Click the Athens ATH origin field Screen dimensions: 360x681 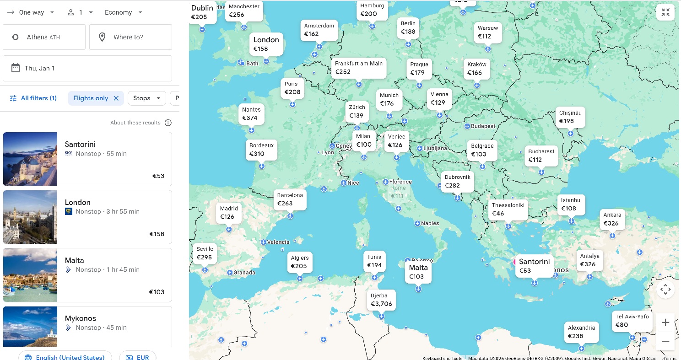click(x=44, y=37)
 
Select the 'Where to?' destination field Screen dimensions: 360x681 click(x=130, y=37)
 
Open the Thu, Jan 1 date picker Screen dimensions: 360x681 click(x=87, y=68)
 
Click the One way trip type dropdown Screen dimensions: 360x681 click(x=31, y=12)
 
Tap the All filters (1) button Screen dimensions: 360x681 click(x=33, y=98)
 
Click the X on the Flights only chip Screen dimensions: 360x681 click(x=116, y=98)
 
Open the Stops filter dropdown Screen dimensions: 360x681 click(x=146, y=98)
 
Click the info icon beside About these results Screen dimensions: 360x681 click(x=168, y=123)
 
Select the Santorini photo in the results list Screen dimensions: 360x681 click(x=30, y=159)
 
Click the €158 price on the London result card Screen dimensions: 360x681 click(x=157, y=234)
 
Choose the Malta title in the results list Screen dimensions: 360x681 click(x=74, y=260)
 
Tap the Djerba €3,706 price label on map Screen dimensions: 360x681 click(x=381, y=300)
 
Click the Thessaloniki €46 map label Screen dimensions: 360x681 click(x=508, y=210)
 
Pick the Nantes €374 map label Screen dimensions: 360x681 click(x=251, y=114)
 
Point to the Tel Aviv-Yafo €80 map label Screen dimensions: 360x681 click(x=632, y=321)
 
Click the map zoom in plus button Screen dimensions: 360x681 click(x=665, y=322)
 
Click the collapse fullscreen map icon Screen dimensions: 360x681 click(x=665, y=12)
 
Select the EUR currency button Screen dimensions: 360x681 click(x=138, y=357)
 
